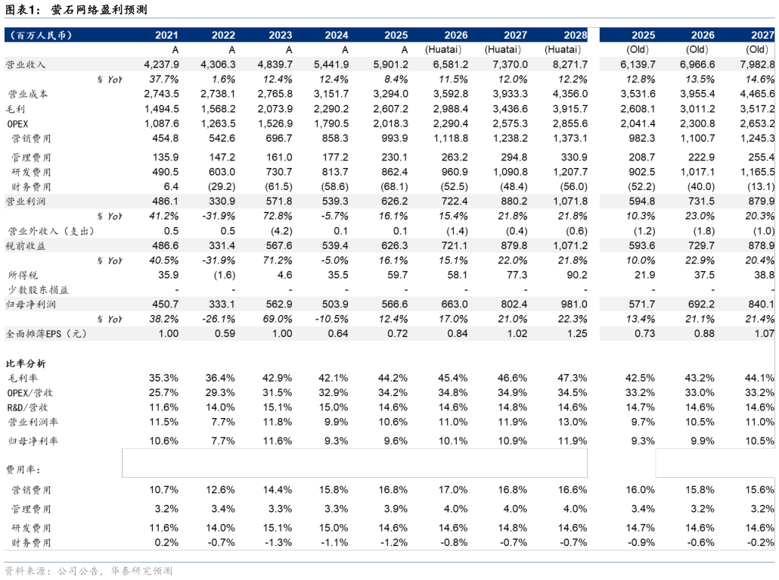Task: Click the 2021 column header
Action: click(x=166, y=35)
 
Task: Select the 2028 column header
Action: click(x=576, y=35)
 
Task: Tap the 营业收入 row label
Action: click(x=26, y=64)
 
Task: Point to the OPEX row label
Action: click(x=17, y=124)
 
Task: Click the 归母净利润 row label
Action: click(x=30, y=304)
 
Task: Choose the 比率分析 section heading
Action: click(x=26, y=363)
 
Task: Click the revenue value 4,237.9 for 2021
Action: click(x=161, y=64)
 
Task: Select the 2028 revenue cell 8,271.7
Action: click(x=570, y=64)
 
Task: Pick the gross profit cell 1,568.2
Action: click(x=218, y=109)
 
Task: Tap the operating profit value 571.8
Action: click(x=279, y=201)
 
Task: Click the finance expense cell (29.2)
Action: click(x=222, y=187)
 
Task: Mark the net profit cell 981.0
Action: click(x=574, y=304)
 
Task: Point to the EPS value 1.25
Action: click(x=577, y=334)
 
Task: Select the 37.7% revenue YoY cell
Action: click(x=164, y=80)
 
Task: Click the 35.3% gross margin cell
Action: click(x=163, y=378)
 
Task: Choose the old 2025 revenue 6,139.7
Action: click(x=638, y=64)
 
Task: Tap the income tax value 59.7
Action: click(x=398, y=275)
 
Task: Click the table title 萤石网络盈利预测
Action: click(x=99, y=9)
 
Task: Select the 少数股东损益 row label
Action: click(x=38, y=290)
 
